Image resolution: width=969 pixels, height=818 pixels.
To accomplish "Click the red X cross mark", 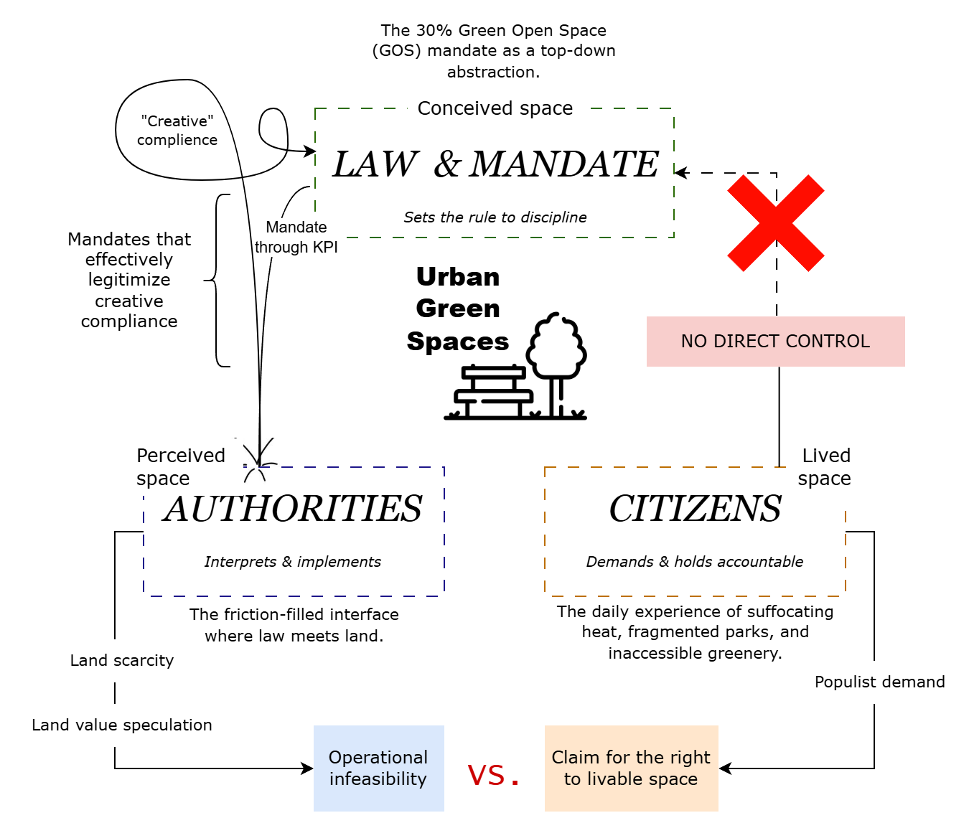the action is click(775, 223).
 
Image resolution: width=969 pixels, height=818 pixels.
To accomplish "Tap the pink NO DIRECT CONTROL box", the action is click(775, 342).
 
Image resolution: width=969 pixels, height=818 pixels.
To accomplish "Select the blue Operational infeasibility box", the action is click(379, 768).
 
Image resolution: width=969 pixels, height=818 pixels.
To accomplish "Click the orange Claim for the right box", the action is click(631, 768).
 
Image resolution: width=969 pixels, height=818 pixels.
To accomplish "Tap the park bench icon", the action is click(493, 392).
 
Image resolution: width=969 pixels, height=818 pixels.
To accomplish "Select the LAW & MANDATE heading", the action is click(495, 164).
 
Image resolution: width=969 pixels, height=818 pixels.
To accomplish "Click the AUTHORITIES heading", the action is click(292, 509).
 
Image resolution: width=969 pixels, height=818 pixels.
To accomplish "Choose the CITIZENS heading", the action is click(695, 509).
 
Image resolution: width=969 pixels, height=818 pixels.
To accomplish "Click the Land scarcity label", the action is click(122, 660).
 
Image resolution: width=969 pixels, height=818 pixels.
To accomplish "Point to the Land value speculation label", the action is click(122, 725).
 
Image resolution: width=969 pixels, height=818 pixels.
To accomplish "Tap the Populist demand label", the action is click(880, 682).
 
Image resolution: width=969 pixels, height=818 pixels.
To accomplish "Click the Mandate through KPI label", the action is click(296, 237).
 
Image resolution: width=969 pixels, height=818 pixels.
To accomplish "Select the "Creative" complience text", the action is click(177, 131).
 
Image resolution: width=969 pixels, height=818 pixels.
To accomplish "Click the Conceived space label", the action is click(495, 108).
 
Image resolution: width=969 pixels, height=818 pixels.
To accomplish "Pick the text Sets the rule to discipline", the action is click(495, 217).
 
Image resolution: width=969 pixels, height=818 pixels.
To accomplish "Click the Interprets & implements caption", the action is click(293, 562).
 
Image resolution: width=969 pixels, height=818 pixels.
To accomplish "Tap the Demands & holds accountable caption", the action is click(695, 562).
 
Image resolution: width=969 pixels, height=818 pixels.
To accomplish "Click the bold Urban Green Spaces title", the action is click(458, 309).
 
